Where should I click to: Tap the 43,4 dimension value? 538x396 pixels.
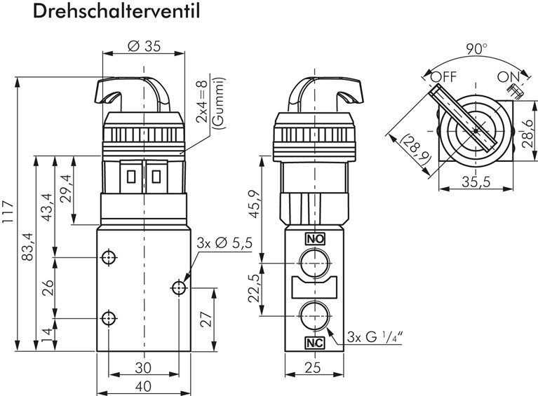click(x=48, y=207)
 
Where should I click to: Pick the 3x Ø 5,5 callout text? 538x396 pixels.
click(x=225, y=243)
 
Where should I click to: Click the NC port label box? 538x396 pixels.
click(x=314, y=343)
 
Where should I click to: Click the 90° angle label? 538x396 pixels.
click(x=475, y=49)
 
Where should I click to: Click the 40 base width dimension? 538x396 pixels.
click(x=143, y=386)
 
